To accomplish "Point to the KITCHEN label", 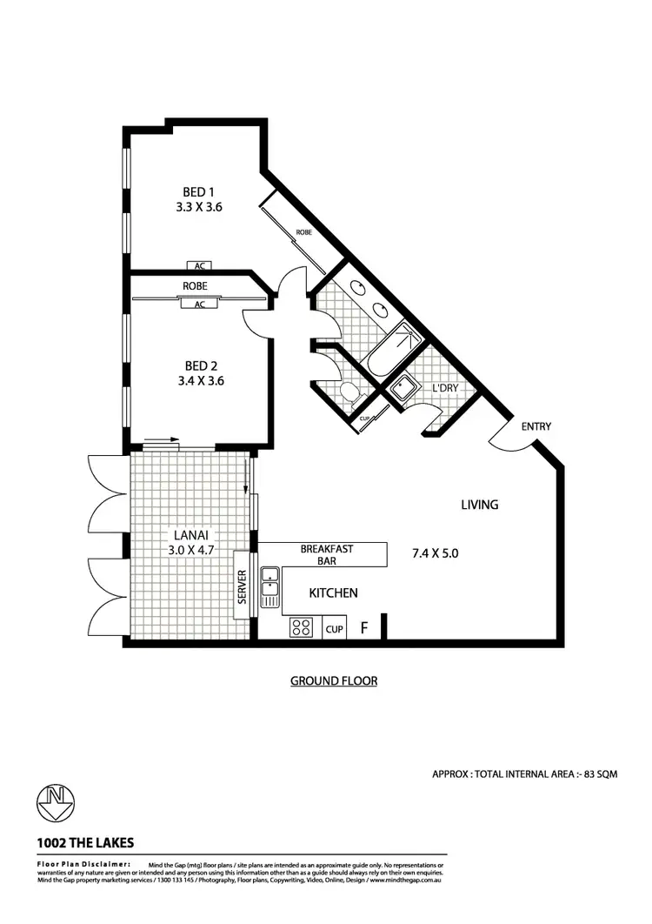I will [x=334, y=593].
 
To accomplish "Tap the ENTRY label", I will [x=536, y=426].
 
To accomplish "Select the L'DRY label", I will [x=445, y=388].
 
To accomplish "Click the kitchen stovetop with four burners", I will [x=301, y=626].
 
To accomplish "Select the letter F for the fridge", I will [x=364, y=627].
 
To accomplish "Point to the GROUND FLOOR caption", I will [x=334, y=681].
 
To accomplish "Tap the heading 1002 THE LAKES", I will [x=85, y=842].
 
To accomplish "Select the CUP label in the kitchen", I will [x=334, y=628].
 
